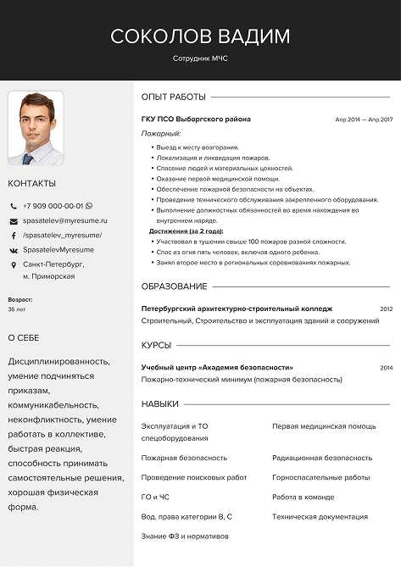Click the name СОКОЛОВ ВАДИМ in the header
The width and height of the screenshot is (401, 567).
click(x=200, y=36)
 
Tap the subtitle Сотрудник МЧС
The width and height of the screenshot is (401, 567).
click(x=200, y=58)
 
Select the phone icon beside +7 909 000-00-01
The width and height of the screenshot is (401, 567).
click(x=14, y=206)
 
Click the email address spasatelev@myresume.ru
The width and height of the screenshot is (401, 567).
click(x=59, y=220)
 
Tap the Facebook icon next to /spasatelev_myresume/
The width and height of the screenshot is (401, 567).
click(x=14, y=236)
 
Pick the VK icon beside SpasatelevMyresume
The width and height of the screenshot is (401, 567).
click(x=14, y=251)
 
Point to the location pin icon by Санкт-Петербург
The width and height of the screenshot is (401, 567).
click(x=14, y=265)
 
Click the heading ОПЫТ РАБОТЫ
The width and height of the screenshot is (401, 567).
click(x=173, y=97)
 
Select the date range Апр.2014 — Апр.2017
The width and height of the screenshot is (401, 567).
click(x=364, y=120)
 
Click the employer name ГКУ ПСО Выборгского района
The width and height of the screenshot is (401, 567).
click(x=196, y=120)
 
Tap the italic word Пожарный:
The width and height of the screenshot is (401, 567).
click(x=160, y=134)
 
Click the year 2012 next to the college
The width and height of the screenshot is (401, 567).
click(x=386, y=309)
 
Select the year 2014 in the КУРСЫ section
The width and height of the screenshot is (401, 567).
click(x=386, y=368)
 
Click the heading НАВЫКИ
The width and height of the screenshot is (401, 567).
click(x=160, y=404)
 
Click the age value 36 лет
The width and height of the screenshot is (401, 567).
click(x=17, y=310)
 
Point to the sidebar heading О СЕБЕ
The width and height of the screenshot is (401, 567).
click(x=24, y=337)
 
